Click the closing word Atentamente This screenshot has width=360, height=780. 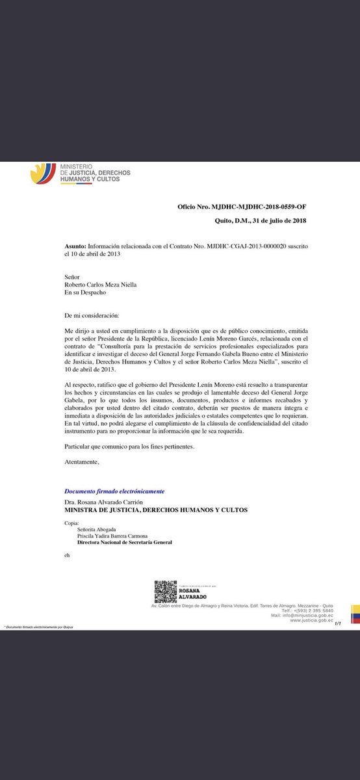pos(83,461)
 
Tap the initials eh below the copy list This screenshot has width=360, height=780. pos(67,556)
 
